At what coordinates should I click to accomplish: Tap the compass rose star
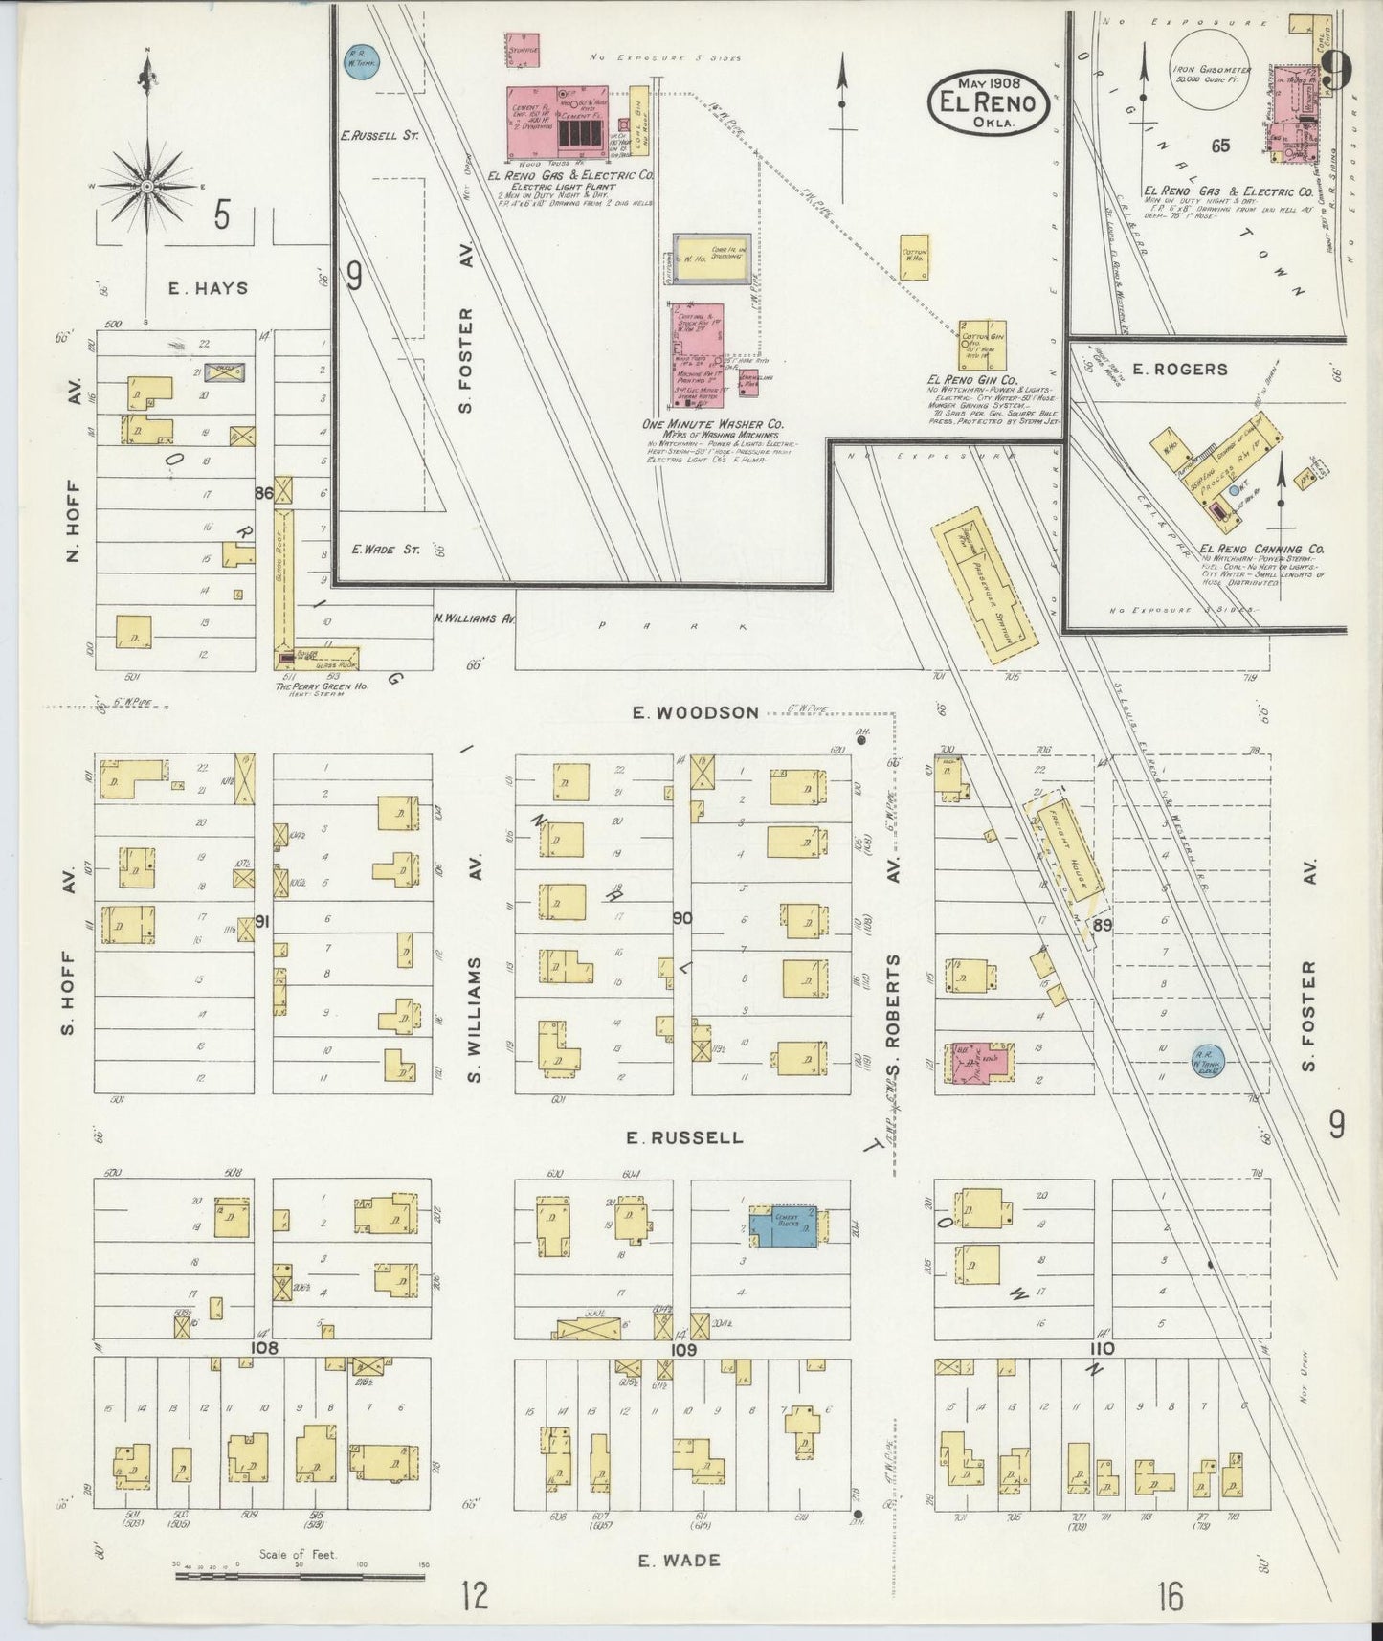point(147,184)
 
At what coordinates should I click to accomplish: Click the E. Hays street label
point(208,288)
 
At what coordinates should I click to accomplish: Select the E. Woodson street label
point(695,712)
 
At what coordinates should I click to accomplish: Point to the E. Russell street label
point(684,1137)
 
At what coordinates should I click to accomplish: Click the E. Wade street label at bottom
point(680,1561)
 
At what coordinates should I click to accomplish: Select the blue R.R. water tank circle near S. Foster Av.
point(1207,1060)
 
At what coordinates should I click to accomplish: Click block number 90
point(681,918)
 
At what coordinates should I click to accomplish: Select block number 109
point(682,1350)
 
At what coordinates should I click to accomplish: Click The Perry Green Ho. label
point(311,686)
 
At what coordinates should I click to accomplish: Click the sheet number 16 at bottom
point(1170,1597)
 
